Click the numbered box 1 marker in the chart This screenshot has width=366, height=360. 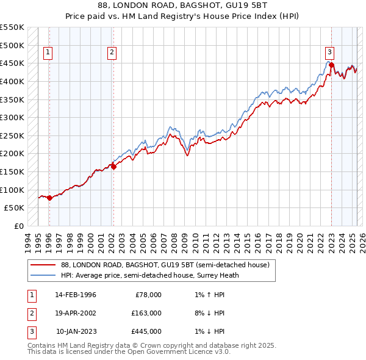click(x=48, y=52)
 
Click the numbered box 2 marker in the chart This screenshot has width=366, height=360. click(x=113, y=52)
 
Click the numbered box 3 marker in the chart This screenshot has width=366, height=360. click(x=329, y=52)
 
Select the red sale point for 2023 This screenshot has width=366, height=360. click(x=331, y=65)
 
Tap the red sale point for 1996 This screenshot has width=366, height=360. click(x=49, y=197)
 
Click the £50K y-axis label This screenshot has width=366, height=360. click(x=15, y=207)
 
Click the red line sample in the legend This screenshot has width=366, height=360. click(x=43, y=265)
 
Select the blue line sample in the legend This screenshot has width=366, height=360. click(x=43, y=275)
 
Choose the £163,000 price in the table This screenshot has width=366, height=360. click(x=146, y=314)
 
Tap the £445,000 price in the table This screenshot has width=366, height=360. click(x=146, y=332)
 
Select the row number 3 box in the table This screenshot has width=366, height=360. click(x=30, y=332)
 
